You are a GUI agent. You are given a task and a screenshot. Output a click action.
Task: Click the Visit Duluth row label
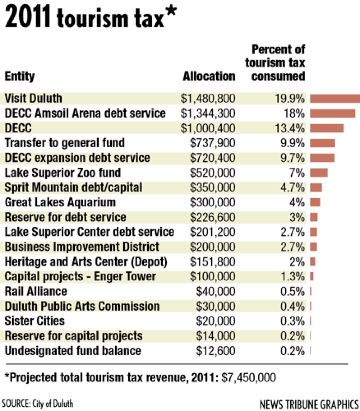point(33,98)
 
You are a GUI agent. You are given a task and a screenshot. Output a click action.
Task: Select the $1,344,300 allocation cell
point(208,113)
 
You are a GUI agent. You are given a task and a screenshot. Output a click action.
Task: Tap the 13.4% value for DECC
point(291,128)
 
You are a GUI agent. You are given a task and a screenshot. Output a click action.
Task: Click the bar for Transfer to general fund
point(322,143)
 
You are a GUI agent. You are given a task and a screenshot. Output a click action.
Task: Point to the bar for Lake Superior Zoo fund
point(319,172)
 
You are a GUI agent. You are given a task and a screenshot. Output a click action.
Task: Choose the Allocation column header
point(209,76)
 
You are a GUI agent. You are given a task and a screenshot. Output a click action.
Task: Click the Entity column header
point(19,76)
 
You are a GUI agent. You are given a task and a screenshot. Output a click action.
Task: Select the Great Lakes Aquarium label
point(60,202)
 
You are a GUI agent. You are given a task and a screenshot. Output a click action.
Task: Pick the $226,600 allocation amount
point(213,217)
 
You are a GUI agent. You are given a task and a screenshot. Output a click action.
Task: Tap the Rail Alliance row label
point(36,291)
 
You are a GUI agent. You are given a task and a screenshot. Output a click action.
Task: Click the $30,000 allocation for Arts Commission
point(217,306)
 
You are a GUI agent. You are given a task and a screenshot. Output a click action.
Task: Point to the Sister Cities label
point(35,321)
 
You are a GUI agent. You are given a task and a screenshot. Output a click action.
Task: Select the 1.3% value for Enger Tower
point(293,276)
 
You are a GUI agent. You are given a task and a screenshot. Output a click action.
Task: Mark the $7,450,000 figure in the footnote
point(249,377)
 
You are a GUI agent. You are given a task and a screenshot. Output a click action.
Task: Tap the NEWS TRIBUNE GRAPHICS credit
point(309,405)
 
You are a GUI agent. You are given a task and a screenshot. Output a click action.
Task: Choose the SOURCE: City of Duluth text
point(37,404)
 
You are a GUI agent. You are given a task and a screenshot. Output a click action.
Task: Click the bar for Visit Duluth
point(335,99)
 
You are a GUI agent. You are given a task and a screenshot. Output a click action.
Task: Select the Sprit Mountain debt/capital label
point(73,187)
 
